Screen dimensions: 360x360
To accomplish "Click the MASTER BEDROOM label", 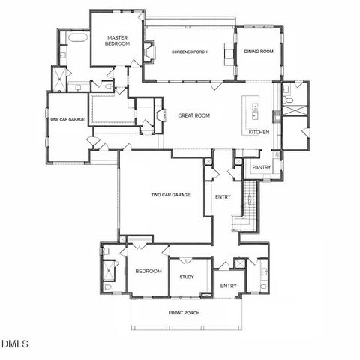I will point(117,40).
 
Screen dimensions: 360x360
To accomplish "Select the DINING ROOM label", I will point(257,52).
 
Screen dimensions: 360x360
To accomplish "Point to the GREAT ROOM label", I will point(193,115).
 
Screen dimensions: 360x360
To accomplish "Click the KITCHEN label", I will point(259,133).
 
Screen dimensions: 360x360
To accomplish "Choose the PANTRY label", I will point(261,167).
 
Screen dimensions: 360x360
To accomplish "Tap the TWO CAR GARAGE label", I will point(170,195).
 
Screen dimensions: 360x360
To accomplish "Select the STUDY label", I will point(187,277).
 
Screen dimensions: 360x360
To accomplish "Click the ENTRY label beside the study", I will point(228,286).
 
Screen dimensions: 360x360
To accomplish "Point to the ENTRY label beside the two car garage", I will point(223,197).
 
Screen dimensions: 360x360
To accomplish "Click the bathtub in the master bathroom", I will point(76,37).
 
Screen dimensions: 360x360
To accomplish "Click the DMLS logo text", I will point(14,344).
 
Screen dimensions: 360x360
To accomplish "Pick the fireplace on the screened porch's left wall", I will point(150,51).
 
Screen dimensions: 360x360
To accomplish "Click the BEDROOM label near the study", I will point(148,271).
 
